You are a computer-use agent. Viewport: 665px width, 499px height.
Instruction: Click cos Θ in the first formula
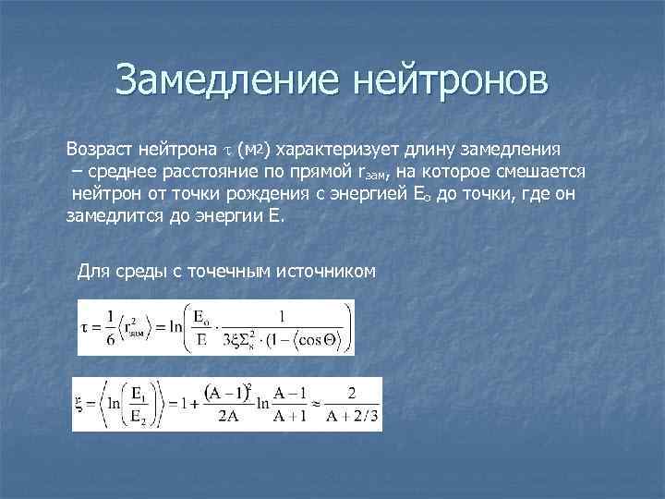[319, 339]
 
